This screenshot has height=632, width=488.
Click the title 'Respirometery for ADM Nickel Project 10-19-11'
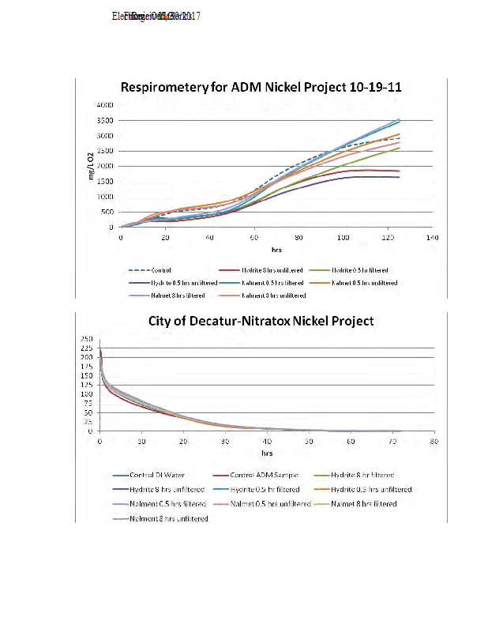click(261, 88)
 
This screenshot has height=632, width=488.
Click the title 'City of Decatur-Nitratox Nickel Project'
click(261, 321)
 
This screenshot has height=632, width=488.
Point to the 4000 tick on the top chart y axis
click(106, 105)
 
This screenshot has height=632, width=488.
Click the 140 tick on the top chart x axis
click(431, 237)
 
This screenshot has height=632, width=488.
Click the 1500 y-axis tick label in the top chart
click(106, 182)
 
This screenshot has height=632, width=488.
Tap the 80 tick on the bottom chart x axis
click(434, 442)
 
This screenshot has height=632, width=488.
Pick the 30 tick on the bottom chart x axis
click(225, 442)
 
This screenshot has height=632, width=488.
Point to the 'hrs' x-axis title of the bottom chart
click(267, 453)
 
